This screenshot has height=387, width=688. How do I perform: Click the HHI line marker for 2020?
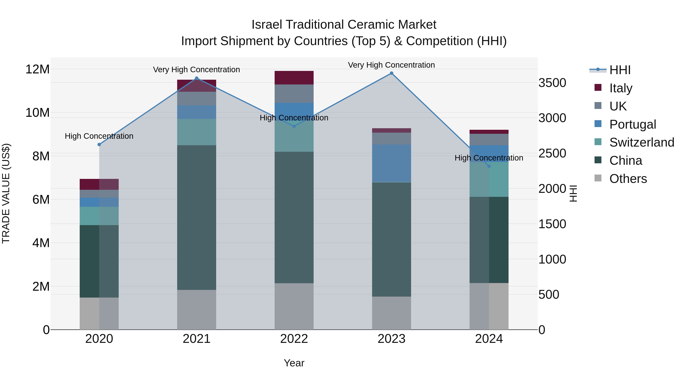click(99, 144)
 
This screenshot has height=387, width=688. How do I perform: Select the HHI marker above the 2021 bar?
click(197, 78)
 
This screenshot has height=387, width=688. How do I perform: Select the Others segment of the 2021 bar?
click(197, 310)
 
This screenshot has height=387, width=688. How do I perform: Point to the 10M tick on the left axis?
click(37, 113)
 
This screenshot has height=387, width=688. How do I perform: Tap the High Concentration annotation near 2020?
click(99, 136)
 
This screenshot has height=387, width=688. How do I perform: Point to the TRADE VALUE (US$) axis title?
click(6, 193)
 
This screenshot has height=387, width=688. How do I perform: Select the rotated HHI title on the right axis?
click(573, 193)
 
